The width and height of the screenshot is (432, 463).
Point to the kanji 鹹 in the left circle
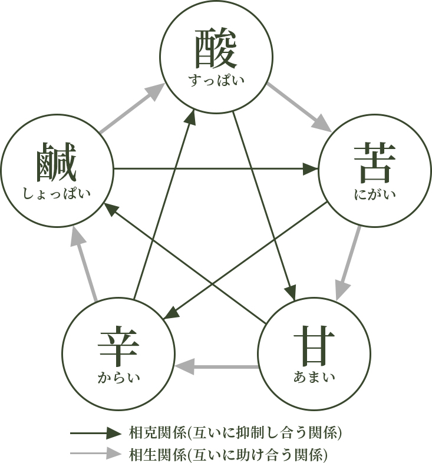57,162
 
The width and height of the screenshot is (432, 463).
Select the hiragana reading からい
118,377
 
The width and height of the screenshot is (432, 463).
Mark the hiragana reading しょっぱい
57,193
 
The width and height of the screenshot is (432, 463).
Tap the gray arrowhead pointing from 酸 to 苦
322,124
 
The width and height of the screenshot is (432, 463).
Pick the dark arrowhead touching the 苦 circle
311,170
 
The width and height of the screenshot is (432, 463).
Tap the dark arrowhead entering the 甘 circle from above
290,293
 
